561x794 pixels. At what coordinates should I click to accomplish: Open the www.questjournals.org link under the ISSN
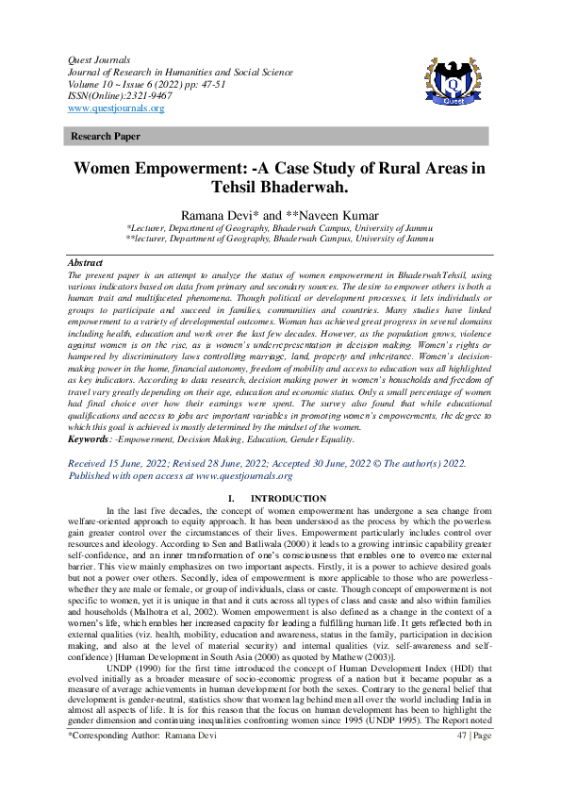pos(116,108)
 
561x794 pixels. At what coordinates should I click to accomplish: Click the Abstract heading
pos(86,260)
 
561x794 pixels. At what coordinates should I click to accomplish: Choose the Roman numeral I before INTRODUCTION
pos(231,498)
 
